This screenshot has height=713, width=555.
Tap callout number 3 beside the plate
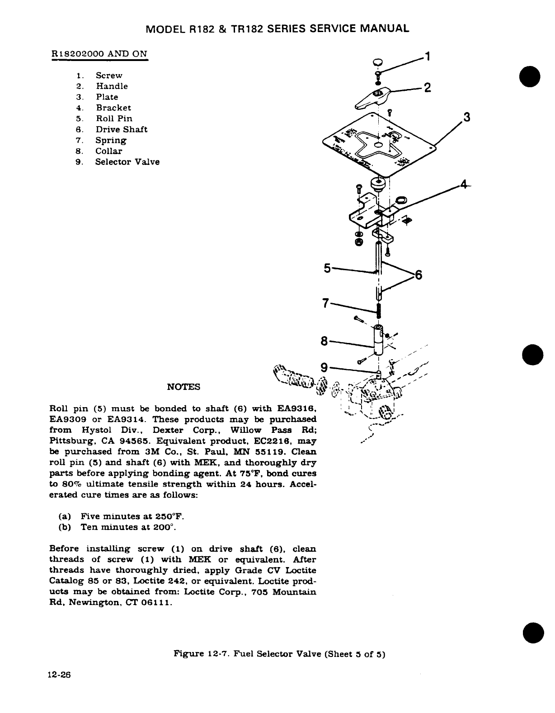coord(467,118)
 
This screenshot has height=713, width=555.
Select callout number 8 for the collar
coord(324,341)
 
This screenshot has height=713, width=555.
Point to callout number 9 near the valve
coord(324,368)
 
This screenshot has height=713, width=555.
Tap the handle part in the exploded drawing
coord(374,98)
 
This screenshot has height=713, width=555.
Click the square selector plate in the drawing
coord(380,145)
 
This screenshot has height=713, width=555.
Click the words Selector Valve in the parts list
coord(127,162)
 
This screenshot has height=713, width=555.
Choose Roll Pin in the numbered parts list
coord(114,119)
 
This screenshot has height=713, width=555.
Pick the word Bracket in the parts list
coord(113,108)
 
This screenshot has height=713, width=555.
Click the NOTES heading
coord(183,387)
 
